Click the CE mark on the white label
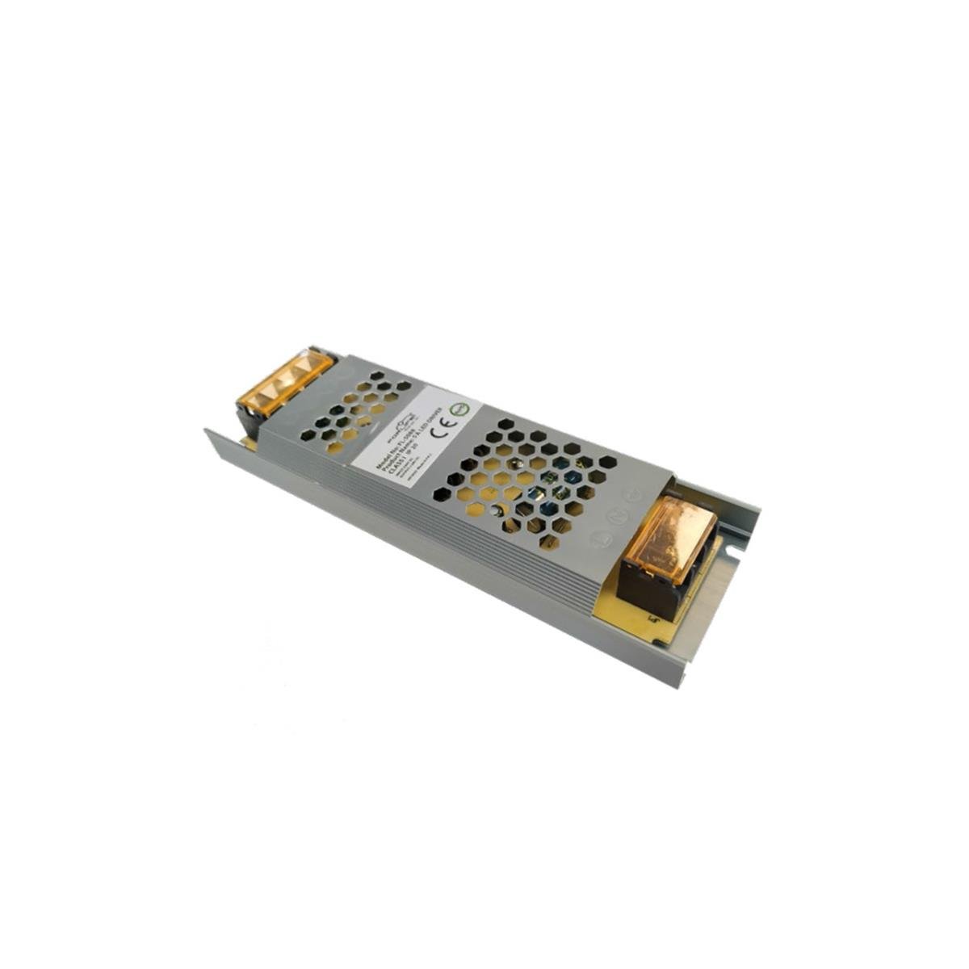click(x=443, y=431)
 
